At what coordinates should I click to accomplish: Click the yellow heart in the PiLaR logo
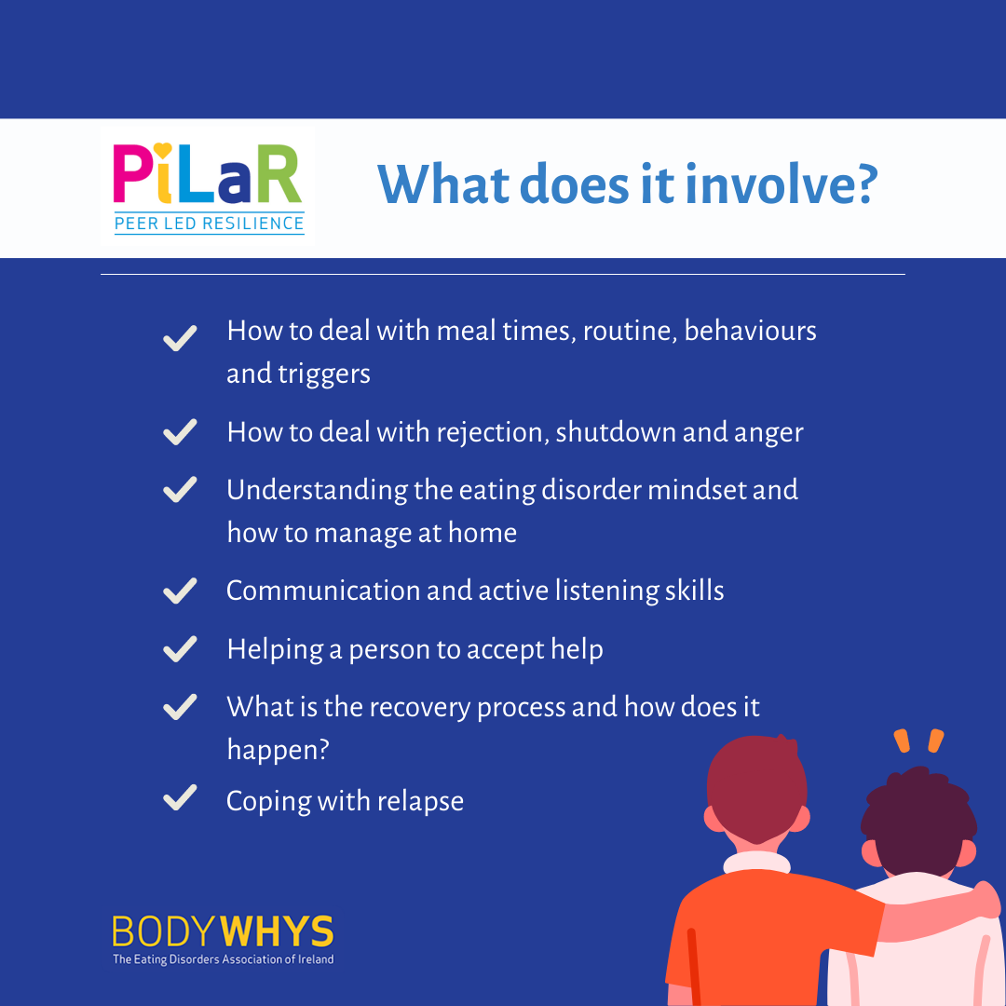coord(163,149)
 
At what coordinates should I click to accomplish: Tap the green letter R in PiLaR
coord(279,173)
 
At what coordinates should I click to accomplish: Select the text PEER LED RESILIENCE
coord(210,224)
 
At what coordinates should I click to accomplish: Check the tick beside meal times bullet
coord(180,338)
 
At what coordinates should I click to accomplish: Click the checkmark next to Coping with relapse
coord(180,797)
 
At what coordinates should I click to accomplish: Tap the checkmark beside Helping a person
coord(180,648)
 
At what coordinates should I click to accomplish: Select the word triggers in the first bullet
coord(324,374)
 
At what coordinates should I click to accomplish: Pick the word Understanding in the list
coord(317,491)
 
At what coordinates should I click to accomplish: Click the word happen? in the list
coord(279,750)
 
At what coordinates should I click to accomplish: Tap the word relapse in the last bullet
coord(420,802)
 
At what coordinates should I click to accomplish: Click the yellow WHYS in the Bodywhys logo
coord(277,931)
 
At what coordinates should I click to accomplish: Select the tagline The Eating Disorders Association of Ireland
coord(224,959)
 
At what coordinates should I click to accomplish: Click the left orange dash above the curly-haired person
coord(902,741)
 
